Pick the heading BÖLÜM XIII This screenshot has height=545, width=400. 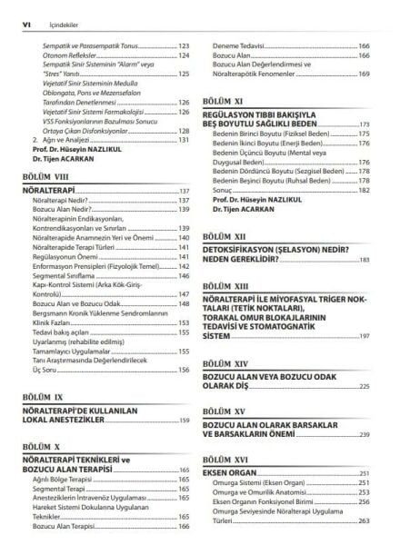[227, 285]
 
